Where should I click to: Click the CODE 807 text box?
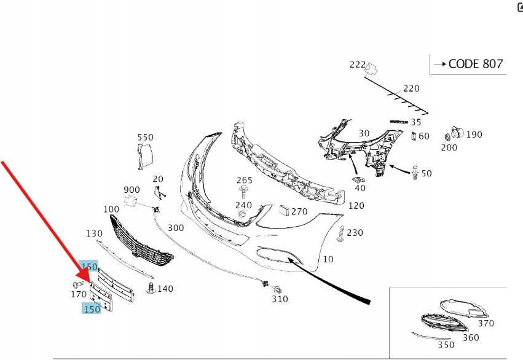click(468, 64)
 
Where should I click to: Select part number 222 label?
click(357, 65)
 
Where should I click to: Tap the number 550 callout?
click(145, 138)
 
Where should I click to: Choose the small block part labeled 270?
click(284, 211)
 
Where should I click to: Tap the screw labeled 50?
click(416, 173)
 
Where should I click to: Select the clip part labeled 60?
click(414, 136)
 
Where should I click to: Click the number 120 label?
click(356, 206)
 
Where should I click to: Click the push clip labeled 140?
click(150, 287)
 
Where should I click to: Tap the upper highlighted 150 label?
click(90, 267)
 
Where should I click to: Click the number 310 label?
click(280, 299)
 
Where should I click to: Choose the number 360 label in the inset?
click(471, 337)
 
